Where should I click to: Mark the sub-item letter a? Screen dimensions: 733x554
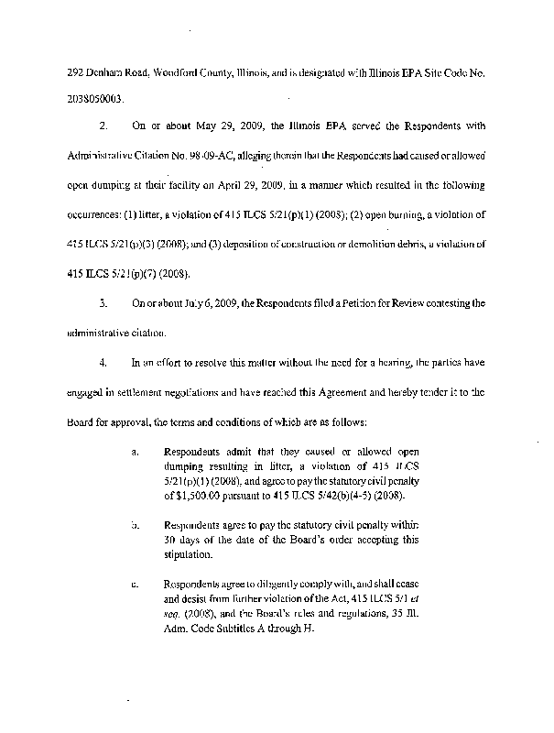[x=135, y=452]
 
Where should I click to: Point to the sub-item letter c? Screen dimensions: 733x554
[x=135, y=583]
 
